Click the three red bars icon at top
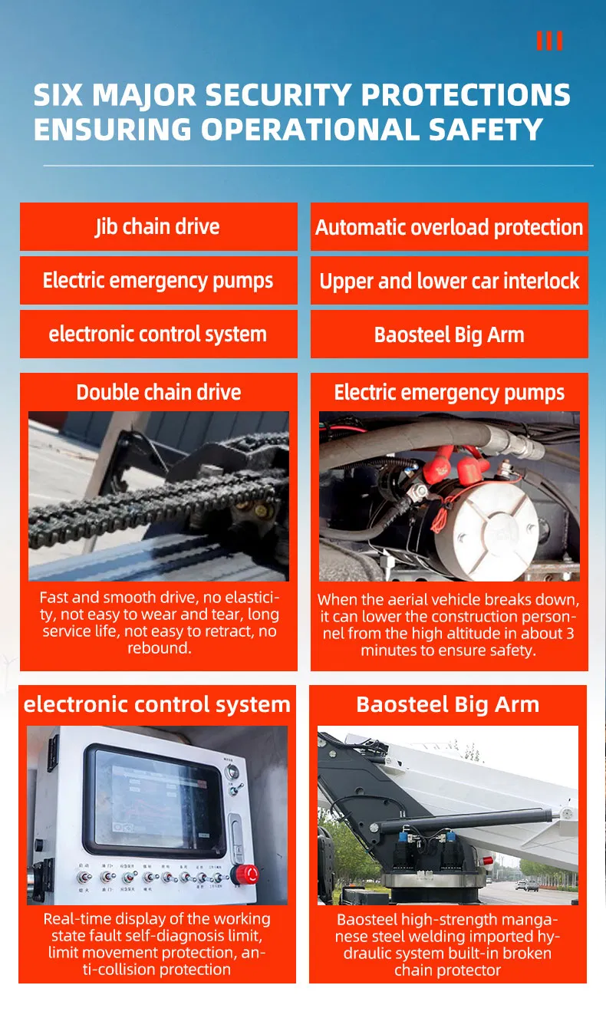click(549, 41)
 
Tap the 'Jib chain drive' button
click(158, 227)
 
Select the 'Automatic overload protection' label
click(449, 227)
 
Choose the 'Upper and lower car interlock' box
click(449, 281)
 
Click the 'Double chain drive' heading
click(158, 392)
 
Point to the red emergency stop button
click(246, 874)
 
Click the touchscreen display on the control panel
click(157, 799)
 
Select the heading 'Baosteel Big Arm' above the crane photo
click(448, 704)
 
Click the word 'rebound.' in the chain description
click(158, 648)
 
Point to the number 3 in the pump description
click(568, 634)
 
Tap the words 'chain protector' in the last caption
click(448, 970)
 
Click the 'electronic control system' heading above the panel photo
click(157, 704)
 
